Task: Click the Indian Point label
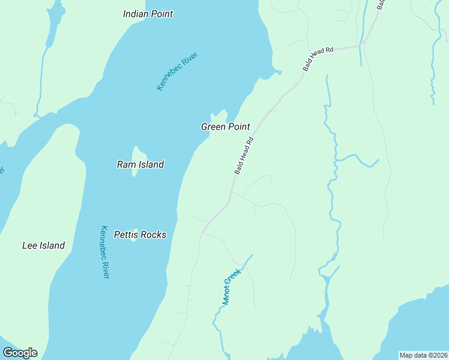pos(148,13)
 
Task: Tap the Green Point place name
pos(225,127)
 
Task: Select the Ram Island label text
pos(140,164)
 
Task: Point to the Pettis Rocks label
pos(140,235)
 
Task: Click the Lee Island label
pos(43,245)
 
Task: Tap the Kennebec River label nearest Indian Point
pos(177,71)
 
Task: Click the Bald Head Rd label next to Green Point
pos(244,156)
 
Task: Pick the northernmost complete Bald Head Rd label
pos(318,59)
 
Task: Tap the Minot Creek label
pos(231,287)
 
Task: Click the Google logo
pos(20,353)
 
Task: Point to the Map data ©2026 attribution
pos(423,355)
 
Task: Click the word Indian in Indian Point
pos(136,13)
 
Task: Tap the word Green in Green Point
pos(213,127)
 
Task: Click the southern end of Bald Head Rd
pos(203,232)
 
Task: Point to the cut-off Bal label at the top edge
pos(380,4)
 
